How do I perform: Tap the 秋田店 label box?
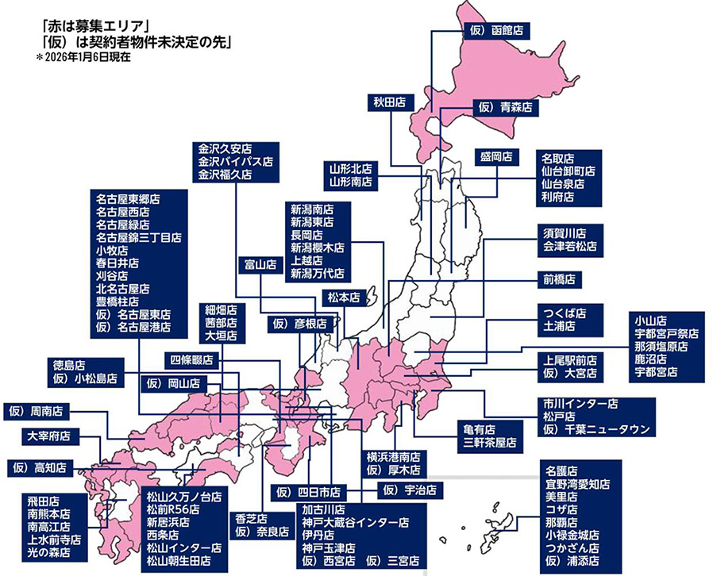pyautogui.click(x=391, y=102)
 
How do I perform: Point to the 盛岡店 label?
pyautogui.click(x=498, y=156)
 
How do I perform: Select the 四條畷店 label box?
pyautogui.click(x=191, y=359)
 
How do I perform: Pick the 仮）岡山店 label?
pyautogui.click(x=172, y=383)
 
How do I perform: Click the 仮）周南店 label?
pyautogui.click(x=37, y=411)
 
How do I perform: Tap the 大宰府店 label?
pyautogui.click(x=48, y=436)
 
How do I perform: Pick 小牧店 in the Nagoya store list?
pyautogui.click(x=111, y=249)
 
